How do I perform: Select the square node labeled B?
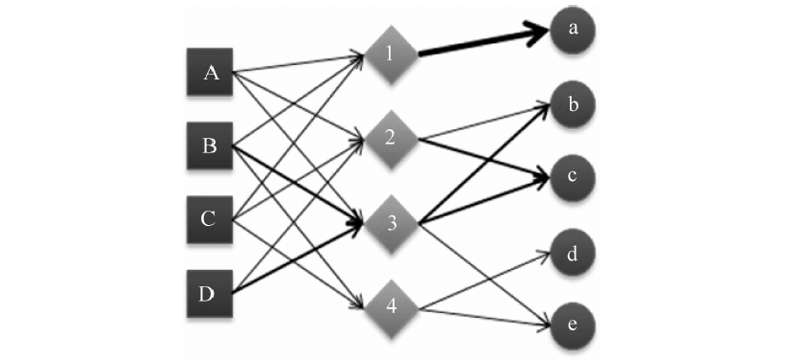210,146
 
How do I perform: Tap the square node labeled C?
210,219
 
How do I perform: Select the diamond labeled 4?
390,308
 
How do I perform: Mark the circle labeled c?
573,178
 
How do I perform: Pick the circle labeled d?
573,255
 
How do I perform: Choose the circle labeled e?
573,326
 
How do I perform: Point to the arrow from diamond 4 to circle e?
484,317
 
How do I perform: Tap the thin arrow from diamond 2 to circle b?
484,122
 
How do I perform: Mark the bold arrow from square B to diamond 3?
297,184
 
